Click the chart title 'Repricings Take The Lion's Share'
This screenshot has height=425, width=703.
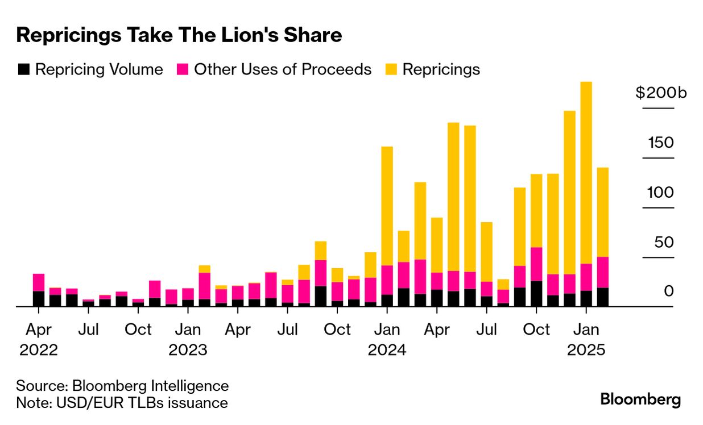click(179, 35)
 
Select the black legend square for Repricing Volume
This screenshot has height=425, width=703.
click(23, 69)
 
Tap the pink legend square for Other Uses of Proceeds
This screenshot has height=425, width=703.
click(182, 69)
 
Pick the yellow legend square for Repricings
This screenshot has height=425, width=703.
click(391, 69)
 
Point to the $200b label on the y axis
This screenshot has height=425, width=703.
click(661, 93)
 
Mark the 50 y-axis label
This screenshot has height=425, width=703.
click(662, 243)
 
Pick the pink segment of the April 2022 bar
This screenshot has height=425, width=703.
click(39, 282)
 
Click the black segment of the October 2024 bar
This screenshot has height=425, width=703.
click(536, 294)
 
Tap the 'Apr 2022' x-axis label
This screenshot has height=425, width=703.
click(39, 339)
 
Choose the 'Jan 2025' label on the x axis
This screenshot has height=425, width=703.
click(586, 339)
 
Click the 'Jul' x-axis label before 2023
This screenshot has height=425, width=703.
click(89, 330)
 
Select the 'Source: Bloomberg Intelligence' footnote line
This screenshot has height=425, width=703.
click(122, 386)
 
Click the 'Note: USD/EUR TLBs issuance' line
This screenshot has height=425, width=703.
click(122, 403)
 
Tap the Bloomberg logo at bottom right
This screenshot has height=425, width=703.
click(640, 399)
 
